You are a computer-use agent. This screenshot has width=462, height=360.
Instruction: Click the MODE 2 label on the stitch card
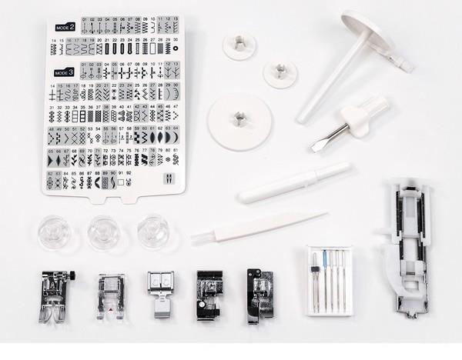point(65,27)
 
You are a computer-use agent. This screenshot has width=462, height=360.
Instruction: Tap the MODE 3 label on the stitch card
point(65,72)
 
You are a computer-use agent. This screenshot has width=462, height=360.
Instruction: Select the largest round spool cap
point(239,122)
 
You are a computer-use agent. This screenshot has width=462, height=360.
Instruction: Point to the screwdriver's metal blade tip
point(318,145)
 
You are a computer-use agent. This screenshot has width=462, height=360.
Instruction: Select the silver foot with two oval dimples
point(161,281)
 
